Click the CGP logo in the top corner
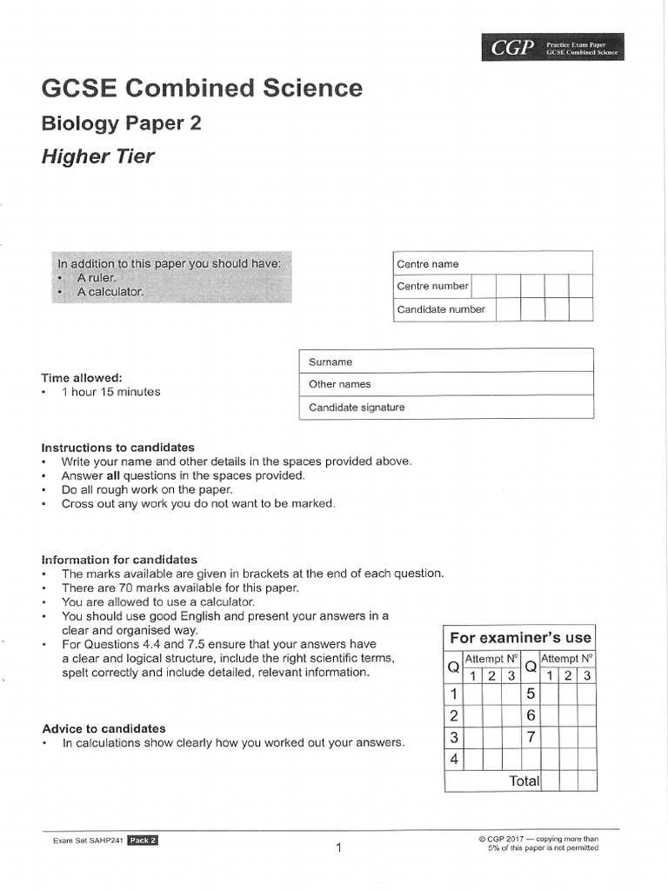click(512, 49)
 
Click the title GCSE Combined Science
click(202, 88)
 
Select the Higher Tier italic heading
click(97, 156)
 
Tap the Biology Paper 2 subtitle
click(121, 123)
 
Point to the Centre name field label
click(427, 264)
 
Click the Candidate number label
click(441, 309)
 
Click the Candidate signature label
click(357, 407)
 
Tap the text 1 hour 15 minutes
click(110, 392)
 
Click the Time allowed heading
click(82, 378)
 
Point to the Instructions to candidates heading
click(118, 448)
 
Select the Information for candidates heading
click(119, 560)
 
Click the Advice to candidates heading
click(104, 728)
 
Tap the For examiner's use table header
click(520, 638)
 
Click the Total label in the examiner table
click(524, 780)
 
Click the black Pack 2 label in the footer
click(143, 840)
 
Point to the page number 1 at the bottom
click(339, 847)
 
